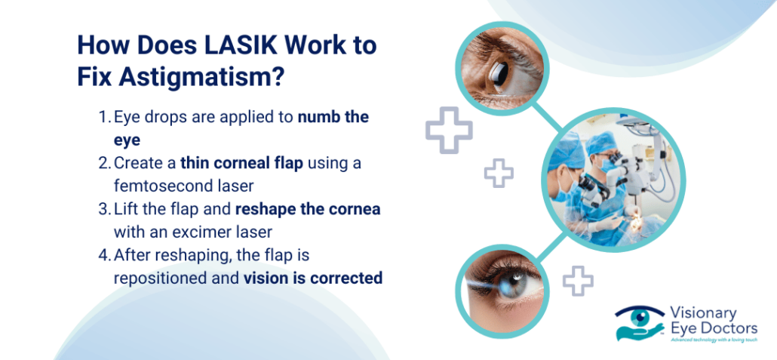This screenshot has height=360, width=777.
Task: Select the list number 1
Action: [103, 118]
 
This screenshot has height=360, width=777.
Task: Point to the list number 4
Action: [103, 256]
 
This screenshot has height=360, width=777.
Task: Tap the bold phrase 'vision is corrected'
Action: [312, 278]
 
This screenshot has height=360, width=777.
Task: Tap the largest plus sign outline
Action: [448, 133]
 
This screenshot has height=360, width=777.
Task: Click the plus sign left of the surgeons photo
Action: [499, 174]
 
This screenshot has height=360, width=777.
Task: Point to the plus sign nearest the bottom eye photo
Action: [578, 281]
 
